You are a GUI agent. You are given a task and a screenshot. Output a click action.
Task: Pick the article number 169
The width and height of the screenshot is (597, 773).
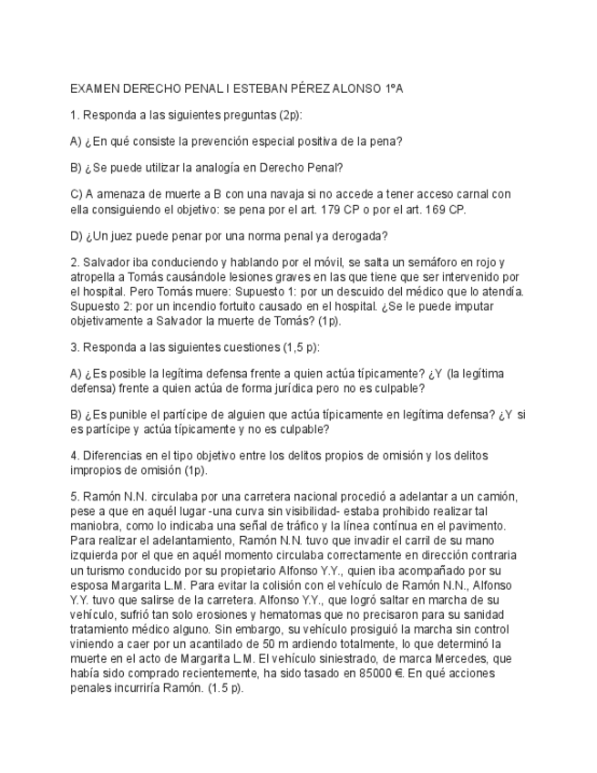click(x=434, y=209)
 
